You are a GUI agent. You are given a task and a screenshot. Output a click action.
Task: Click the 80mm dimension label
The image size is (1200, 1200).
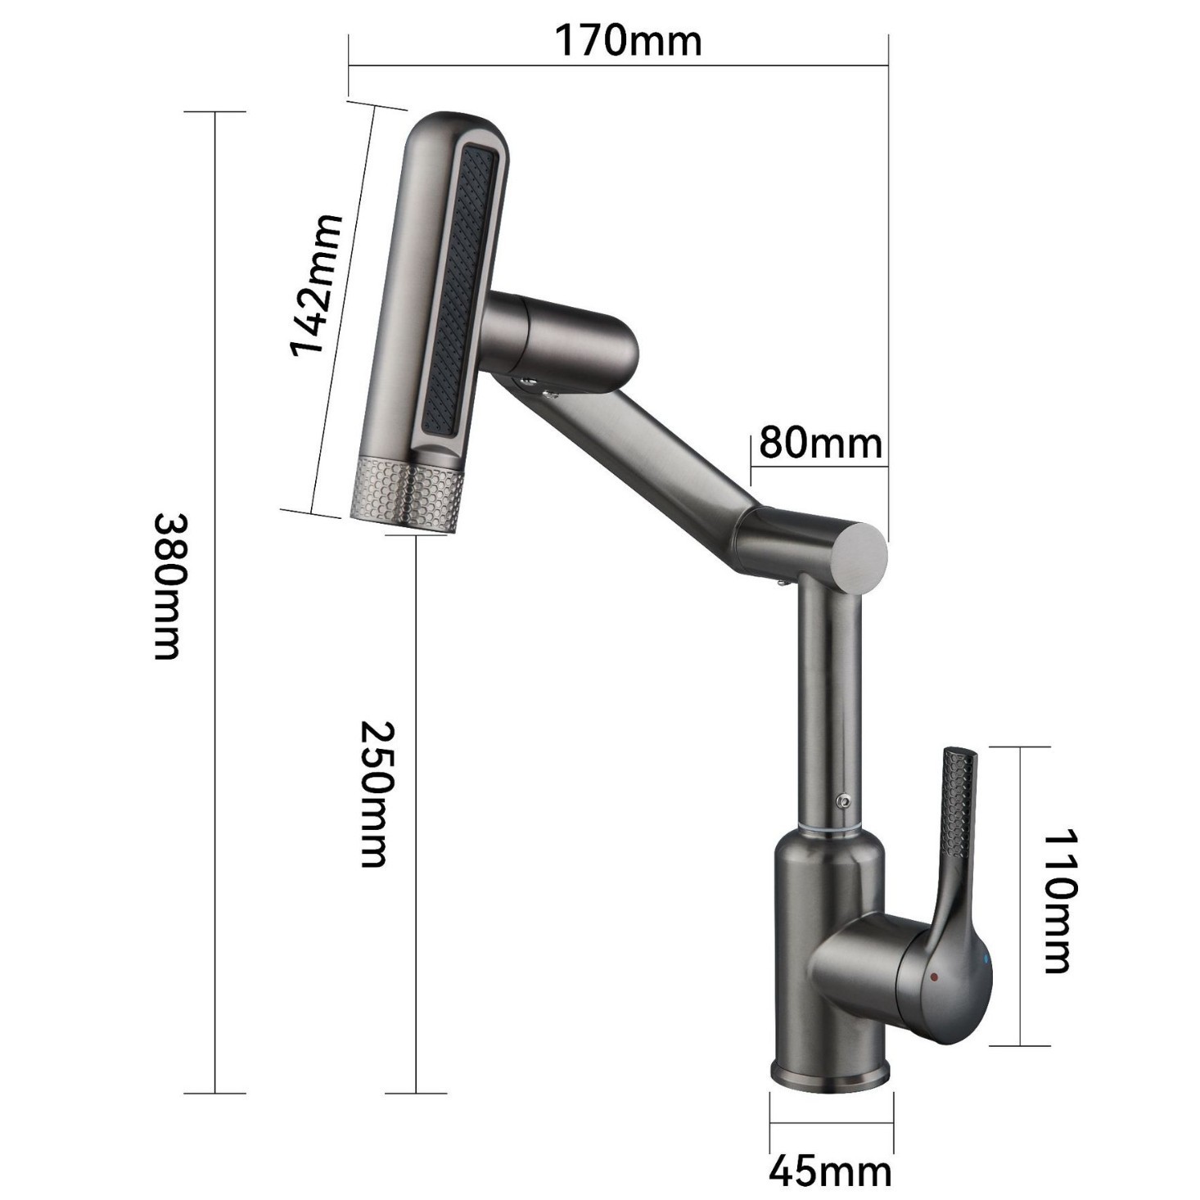tap(820, 443)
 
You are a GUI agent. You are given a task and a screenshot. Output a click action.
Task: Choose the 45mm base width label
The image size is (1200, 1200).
tap(829, 1171)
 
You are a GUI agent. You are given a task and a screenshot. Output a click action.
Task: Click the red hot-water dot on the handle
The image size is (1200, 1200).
tap(933, 977)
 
